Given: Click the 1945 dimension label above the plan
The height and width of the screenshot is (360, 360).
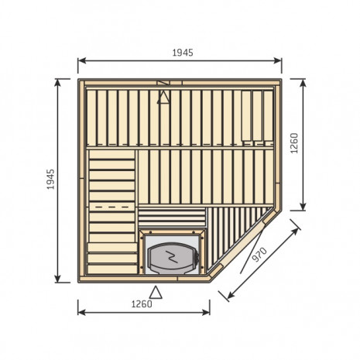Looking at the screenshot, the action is pos(183,53).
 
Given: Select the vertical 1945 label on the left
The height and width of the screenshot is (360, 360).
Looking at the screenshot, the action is pos(51,180).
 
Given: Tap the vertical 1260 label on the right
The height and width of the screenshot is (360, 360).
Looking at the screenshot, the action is pos(294,143).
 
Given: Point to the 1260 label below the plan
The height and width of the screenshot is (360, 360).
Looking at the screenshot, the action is pos(142,304).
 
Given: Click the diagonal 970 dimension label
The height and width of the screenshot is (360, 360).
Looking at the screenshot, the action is pos(259,254).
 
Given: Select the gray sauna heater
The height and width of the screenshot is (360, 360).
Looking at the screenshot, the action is pos(172,258).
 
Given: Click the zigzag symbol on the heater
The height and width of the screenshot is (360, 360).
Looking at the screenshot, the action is pos(172,257).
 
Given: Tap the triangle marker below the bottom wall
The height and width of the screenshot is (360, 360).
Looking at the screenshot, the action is pos(156,293).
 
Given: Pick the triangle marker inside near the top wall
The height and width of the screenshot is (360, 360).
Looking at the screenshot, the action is pos(163,98).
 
